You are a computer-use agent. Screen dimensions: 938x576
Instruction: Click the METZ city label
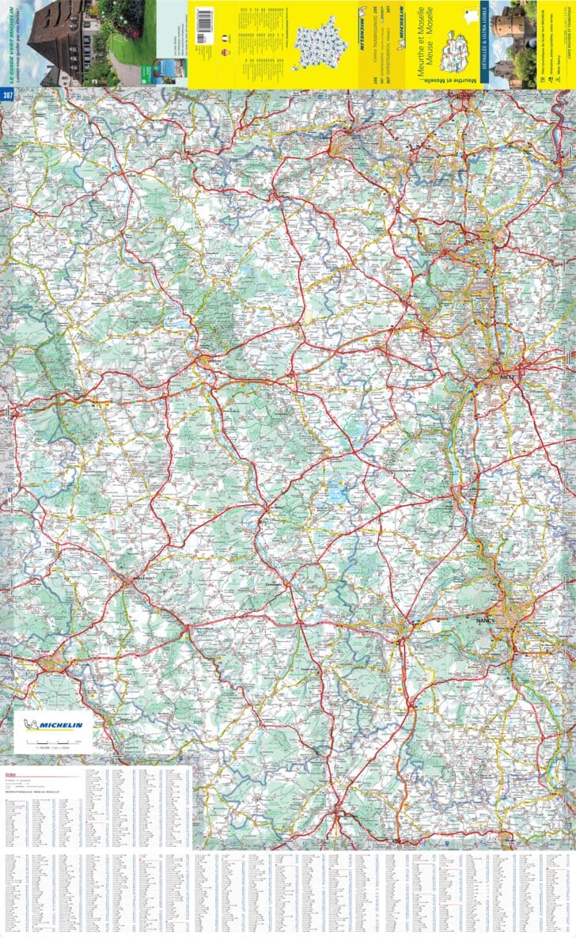point(507,379)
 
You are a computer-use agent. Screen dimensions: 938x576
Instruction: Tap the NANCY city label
point(486,621)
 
